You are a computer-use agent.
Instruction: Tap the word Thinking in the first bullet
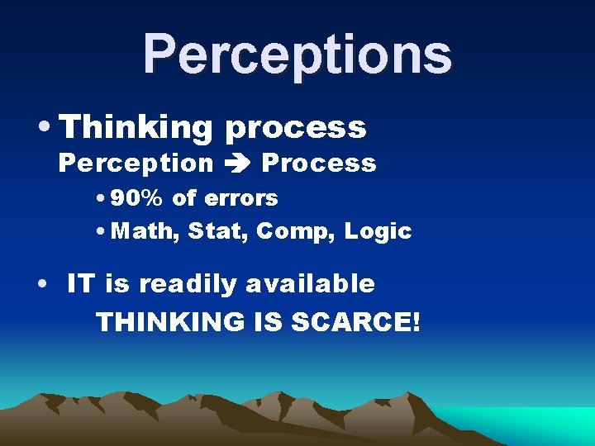pos(137,128)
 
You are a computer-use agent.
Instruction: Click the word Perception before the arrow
pos(136,164)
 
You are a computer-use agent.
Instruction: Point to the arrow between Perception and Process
pos(236,164)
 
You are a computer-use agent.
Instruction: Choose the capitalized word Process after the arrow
pos(319,164)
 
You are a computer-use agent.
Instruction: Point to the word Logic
pos(378,232)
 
